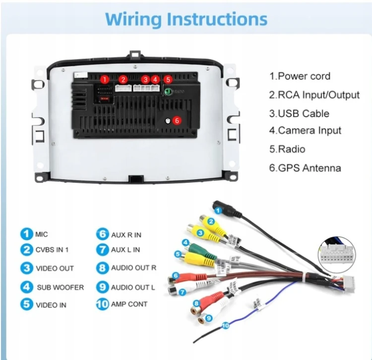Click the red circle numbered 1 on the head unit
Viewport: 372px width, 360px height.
(105, 79)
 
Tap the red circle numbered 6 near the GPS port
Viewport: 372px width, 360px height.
(177, 120)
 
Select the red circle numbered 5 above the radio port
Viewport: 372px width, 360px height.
(168, 79)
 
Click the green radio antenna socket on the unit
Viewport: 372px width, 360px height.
(168, 92)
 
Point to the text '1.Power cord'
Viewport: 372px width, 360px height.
(300, 76)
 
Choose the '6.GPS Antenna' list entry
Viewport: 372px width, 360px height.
(305, 168)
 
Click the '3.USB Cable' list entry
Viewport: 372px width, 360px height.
(299, 114)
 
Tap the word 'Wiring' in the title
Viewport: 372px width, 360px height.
(133, 19)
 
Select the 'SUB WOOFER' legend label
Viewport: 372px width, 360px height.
(60, 288)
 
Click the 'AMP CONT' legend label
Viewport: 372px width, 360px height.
(129, 304)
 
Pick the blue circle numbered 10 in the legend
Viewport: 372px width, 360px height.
(103, 304)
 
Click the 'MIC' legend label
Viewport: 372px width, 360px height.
(42, 235)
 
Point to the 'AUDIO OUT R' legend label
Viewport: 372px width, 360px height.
(133, 268)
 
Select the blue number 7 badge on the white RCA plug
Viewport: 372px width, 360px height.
(182, 292)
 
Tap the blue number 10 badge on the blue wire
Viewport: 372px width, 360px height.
(225, 325)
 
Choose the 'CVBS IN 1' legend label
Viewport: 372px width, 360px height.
(52, 250)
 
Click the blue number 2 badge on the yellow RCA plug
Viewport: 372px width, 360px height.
(211, 222)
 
